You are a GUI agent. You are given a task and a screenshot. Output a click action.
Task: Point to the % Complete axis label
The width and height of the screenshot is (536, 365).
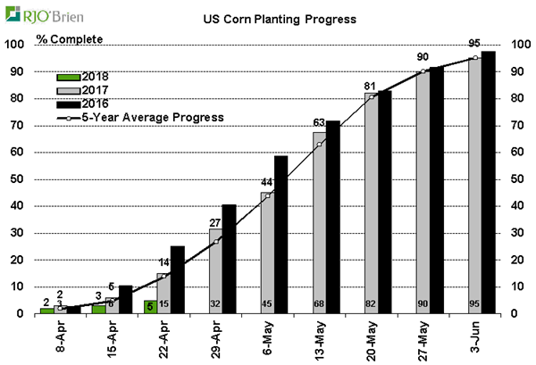71,38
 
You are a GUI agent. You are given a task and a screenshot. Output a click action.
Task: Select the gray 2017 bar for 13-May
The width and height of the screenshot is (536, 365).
318,223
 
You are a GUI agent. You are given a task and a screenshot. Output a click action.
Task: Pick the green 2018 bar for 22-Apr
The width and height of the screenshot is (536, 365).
151,306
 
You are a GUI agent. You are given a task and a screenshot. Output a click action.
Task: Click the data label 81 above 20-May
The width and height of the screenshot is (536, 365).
371,87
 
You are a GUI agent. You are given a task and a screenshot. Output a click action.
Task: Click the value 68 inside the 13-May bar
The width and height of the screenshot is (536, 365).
319,303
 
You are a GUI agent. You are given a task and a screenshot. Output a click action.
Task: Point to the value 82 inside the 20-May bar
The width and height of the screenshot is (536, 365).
371,303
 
